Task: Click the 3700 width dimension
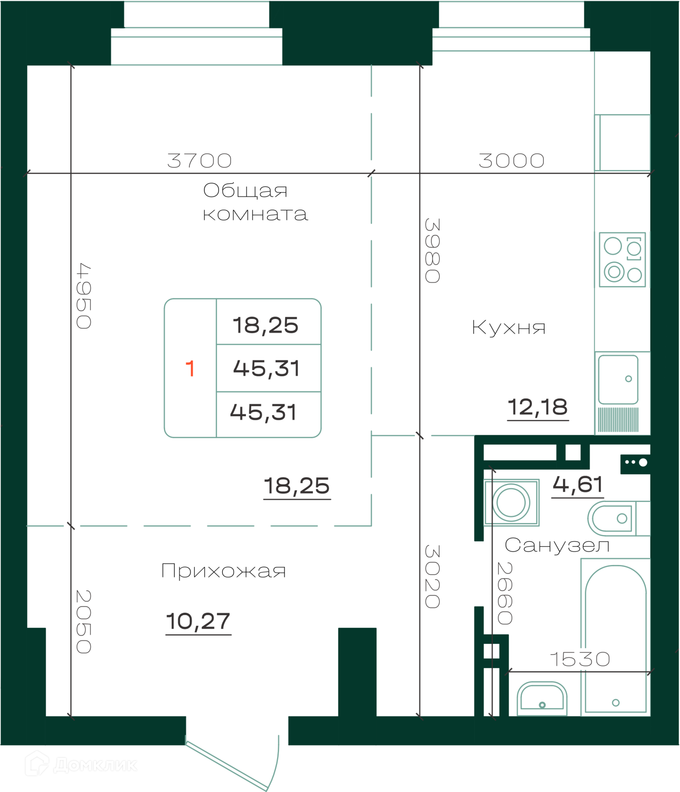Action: pos(200,161)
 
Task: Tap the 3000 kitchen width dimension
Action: pos(512,161)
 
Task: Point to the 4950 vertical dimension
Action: pos(84,296)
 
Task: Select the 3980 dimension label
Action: pos(432,251)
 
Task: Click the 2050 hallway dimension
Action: pos(84,622)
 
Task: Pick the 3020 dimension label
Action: pos(432,576)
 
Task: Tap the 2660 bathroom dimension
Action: pos(505,593)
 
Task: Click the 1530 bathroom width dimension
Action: pos(580,659)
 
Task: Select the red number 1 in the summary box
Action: pos(190,368)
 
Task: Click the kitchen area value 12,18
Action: pos(538,407)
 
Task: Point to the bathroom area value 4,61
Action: pos(578,485)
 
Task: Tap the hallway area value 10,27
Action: pos(198,621)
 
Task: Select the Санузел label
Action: pos(557,545)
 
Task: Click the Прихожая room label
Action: pos(223,571)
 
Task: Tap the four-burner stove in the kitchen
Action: pos(622,259)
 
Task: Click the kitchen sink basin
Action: pos(618,379)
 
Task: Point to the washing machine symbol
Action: pos(512,502)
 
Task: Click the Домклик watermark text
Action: pos(95,765)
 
